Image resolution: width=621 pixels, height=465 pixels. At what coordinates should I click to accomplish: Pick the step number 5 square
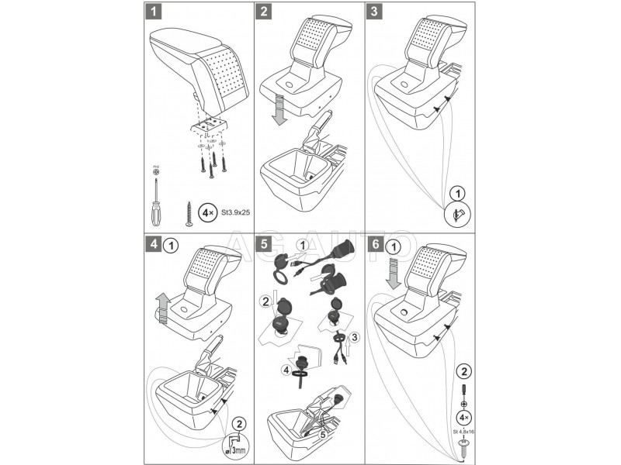pyautogui.click(x=265, y=245)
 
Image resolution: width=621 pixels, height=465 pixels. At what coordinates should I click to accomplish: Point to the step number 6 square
pyautogui.click(x=376, y=245)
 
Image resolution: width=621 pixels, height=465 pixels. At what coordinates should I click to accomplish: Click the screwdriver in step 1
pyautogui.click(x=156, y=197)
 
